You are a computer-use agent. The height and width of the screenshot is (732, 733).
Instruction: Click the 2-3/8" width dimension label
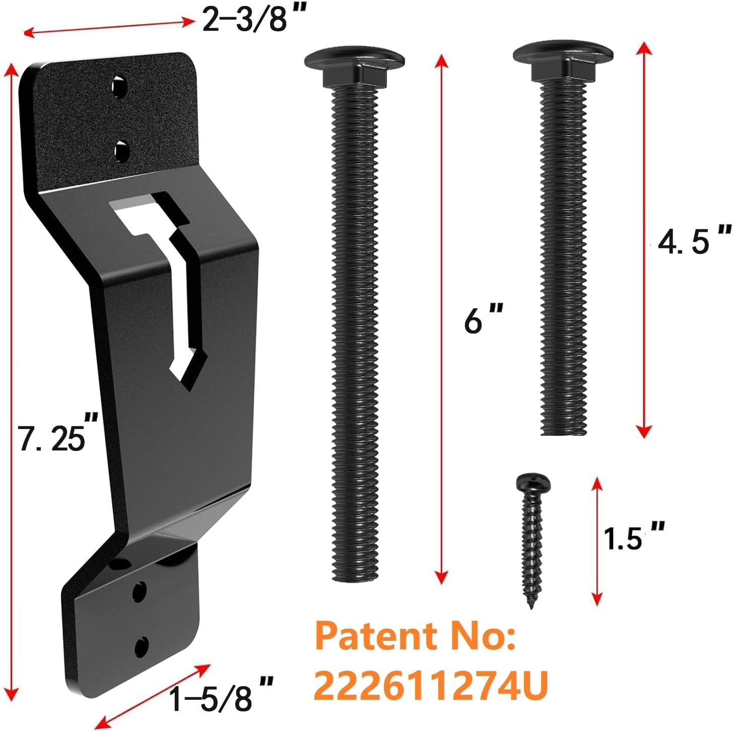coord(248,20)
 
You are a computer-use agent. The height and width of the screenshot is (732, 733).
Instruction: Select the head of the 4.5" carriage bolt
coord(563,58)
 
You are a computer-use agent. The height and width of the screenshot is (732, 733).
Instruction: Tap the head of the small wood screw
coord(533,484)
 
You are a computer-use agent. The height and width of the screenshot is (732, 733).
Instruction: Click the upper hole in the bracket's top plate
coord(120,87)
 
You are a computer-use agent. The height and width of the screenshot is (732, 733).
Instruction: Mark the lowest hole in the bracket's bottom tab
coord(142,646)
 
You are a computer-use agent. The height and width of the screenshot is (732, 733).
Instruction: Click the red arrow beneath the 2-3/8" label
coord(108,27)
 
